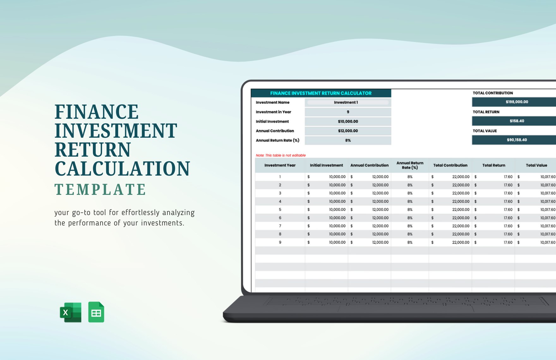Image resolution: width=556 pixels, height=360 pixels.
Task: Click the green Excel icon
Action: point(70,312)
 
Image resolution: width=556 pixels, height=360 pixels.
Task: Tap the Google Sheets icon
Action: point(96,312)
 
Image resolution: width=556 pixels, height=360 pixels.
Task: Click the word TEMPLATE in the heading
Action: point(100,190)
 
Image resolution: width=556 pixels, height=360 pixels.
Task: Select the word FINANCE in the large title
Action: point(97,112)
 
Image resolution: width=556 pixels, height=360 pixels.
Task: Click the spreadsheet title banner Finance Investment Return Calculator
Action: point(321,93)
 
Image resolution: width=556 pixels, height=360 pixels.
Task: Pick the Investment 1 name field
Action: point(347,102)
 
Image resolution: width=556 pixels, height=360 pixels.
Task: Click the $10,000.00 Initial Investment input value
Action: point(348,121)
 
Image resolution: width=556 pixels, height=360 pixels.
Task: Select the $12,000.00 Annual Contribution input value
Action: point(348,131)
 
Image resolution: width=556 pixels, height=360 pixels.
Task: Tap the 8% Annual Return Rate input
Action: point(348,140)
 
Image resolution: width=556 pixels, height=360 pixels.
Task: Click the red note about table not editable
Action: point(281,155)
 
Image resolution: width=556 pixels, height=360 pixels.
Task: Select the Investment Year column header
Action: point(280,165)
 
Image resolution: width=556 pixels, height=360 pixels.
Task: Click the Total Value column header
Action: point(536,165)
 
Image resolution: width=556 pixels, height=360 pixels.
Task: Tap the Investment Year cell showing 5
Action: point(280,209)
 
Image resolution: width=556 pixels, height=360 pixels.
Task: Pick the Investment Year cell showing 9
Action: point(280,242)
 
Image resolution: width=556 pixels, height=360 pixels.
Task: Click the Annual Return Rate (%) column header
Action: point(410,165)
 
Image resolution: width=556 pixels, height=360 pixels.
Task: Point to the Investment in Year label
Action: point(273,112)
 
